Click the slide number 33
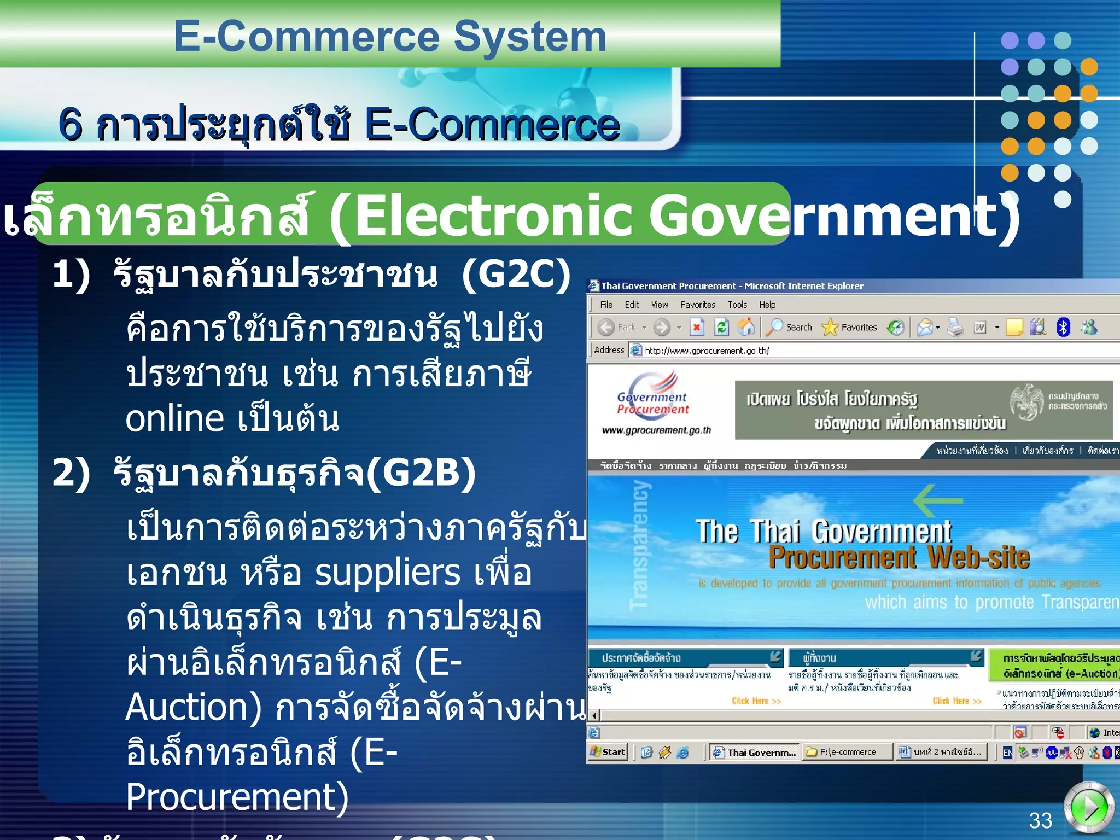click(1040, 820)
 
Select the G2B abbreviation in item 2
click(421, 472)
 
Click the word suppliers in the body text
click(388, 573)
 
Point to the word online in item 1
click(174, 419)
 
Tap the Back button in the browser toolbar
click(617, 328)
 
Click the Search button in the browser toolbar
click(790, 328)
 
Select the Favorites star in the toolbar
click(830, 328)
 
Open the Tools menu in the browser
click(737, 305)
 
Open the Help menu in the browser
click(767, 305)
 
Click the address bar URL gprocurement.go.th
click(707, 351)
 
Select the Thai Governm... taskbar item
click(755, 752)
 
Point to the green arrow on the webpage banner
click(937, 500)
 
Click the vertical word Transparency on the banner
click(640, 545)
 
